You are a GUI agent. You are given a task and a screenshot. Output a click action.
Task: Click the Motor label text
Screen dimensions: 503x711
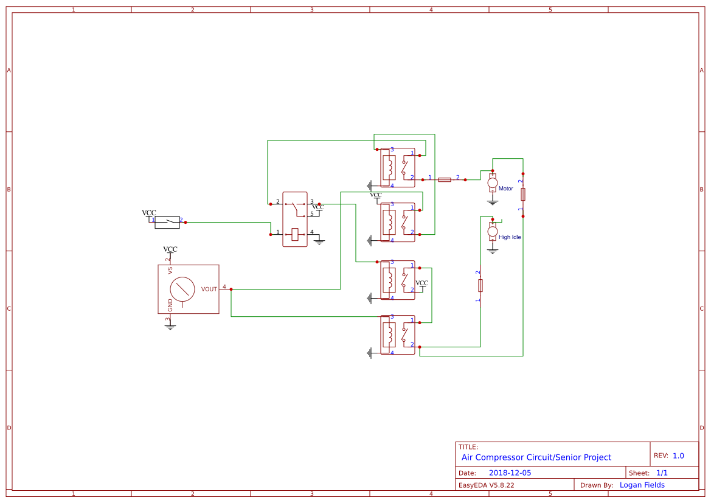[505, 189]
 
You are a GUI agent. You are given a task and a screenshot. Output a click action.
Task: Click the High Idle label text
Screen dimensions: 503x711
[510, 237]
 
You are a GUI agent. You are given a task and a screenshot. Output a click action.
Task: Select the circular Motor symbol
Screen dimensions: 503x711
[493, 182]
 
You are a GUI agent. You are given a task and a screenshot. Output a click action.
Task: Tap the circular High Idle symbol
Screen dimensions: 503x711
[493, 231]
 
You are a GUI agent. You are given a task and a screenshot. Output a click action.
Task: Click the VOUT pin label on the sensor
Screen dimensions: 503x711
[209, 290]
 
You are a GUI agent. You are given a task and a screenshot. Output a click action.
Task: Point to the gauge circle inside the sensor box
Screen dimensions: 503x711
[182, 289]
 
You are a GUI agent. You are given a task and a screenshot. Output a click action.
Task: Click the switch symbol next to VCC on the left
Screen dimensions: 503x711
[167, 222]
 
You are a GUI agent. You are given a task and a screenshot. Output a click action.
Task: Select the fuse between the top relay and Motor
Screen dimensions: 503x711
[445, 179]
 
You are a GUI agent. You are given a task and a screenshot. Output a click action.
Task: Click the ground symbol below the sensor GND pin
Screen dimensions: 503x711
[170, 327]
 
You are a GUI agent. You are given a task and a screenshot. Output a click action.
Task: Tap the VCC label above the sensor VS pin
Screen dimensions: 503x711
[170, 249]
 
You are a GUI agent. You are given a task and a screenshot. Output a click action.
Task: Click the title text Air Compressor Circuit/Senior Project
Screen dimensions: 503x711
[536, 457]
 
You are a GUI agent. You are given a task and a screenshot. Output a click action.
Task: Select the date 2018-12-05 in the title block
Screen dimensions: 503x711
[510, 473]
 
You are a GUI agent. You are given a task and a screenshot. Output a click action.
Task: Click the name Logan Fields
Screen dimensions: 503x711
[642, 485]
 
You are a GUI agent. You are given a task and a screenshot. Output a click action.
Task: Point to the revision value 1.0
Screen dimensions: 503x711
[678, 456]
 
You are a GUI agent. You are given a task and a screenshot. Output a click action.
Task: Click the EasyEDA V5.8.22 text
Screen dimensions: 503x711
[486, 485]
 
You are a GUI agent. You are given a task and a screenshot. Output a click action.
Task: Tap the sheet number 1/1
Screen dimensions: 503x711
[662, 473]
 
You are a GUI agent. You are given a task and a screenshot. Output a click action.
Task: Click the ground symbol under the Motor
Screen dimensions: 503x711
[493, 201]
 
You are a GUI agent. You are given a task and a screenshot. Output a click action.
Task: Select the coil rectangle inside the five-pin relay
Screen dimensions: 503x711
[295, 234]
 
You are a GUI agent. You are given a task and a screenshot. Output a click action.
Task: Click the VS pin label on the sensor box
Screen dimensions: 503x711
[170, 270]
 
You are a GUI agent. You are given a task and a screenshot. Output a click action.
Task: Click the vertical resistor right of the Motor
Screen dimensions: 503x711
[522, 194]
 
